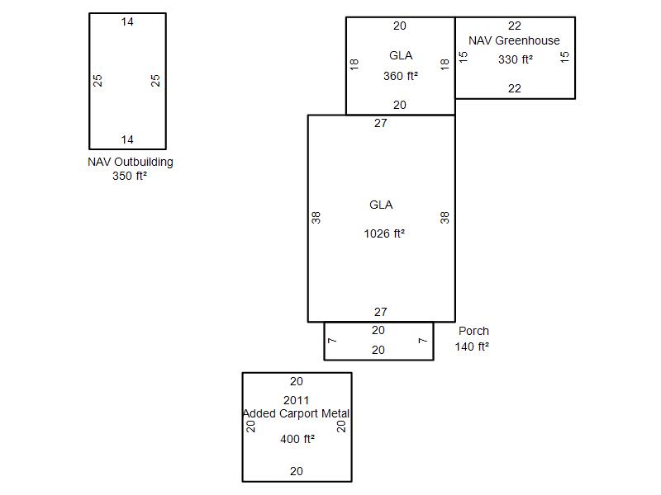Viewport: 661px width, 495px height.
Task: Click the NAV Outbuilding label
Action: point(131,162)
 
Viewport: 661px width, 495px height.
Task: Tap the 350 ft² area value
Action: point(130,175)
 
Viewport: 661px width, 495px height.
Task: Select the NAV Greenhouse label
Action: point(514,40)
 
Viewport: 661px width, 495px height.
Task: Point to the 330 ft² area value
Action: point(515,59)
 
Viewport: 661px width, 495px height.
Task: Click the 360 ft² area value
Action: point(400,76)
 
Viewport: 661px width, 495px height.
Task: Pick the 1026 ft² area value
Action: point(384,233)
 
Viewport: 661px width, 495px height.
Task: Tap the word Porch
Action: point(473,331)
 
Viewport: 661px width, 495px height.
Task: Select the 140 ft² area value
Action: point(472,346)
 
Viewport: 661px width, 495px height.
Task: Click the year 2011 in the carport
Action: point(297,400)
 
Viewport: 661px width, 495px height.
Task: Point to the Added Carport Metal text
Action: point(297,413)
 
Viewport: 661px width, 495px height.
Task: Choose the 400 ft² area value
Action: point(297,439)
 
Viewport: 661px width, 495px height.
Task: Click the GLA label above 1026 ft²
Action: point(381,205)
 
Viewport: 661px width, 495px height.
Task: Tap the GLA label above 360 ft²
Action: point(401,55)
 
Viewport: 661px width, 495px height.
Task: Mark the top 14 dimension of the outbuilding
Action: point(127,21)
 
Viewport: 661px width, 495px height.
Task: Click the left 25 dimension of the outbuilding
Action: point(98,81)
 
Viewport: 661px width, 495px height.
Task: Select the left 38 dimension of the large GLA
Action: point(316,217)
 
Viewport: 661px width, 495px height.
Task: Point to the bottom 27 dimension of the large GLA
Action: point(380,312)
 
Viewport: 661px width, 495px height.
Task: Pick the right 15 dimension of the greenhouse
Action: point(565,57)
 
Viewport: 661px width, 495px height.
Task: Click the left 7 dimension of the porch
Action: point(331,341)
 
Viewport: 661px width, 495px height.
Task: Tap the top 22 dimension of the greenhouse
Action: point(515,26)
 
